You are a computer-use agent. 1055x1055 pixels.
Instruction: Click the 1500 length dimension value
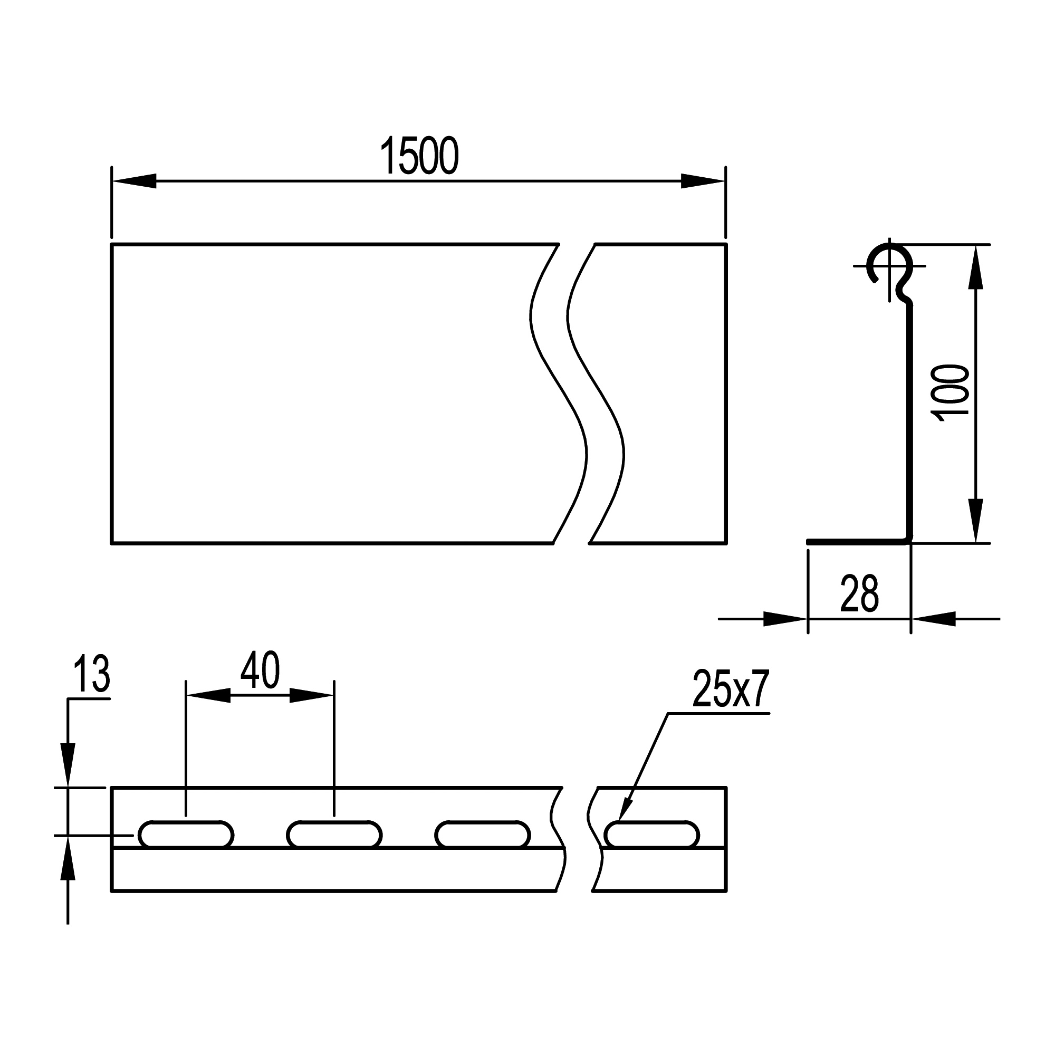pyautogui.click(x=419, y=156)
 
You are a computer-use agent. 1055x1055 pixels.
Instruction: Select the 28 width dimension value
pyautogui.click(x=859, y=593)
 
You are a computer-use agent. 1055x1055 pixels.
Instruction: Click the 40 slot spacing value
pyautogui.click(x=260, y=670)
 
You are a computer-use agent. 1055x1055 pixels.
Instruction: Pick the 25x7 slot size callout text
pyautogui.click(x=731, y=688)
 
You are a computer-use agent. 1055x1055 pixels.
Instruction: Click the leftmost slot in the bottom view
pyautogui.click(x=186, y=835)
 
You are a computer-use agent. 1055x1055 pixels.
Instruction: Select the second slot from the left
pyautogui.click(x=334, y=835)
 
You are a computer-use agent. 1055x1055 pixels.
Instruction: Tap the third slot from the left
pyautogui.click(x=483, y=835)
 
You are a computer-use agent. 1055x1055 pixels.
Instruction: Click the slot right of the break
pyautogui.click(x=652, y=835)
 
